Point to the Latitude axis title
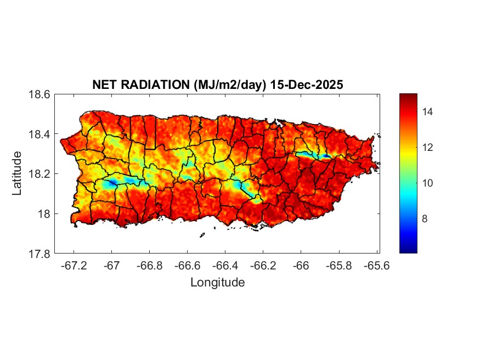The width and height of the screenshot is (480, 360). coord(17,173)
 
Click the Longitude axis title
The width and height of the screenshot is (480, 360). coord(217,283)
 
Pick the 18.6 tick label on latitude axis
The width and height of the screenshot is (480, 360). coord(39,94)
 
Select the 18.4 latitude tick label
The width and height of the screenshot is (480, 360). coord(39,134)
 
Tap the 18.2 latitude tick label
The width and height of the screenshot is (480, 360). coord(39,174)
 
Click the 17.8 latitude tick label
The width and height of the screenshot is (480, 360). coord(39,254)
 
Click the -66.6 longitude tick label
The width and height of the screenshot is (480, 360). coord(187,265)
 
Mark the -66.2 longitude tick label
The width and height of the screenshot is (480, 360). coord(262,265)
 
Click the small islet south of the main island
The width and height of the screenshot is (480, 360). coord(202,235)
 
